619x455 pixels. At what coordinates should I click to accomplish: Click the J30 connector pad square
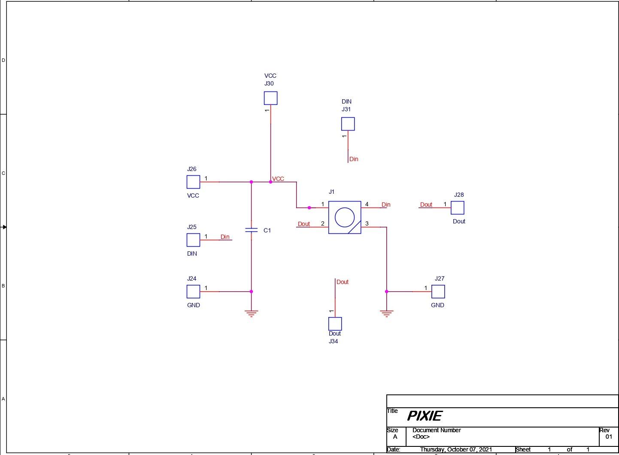pos(270,98)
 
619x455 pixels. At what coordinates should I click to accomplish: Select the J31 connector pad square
pos(348,124)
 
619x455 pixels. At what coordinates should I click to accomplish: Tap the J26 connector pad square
pos(194,182)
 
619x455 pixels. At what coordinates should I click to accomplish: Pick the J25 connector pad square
pos(194,240)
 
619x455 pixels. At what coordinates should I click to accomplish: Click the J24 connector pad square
pos(194,292)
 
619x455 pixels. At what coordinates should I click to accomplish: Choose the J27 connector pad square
pos(438,292)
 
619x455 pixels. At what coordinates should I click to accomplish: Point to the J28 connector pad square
pos(458,208)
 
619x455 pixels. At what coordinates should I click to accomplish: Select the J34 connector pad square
pos(335,324)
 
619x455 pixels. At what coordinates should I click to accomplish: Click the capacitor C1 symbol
pos(252,230)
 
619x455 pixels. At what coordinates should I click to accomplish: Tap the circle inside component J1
pos(345,217)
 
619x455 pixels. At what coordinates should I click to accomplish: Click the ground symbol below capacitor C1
pos(252,313)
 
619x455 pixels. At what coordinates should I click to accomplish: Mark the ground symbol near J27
pos(387,313)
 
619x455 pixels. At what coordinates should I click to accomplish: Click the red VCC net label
pos(278,179)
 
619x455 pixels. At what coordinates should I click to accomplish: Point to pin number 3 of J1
pos(367,223)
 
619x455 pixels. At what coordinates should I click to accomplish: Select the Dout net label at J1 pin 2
pos(303,224)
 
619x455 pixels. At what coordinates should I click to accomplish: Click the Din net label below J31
pos(354,159)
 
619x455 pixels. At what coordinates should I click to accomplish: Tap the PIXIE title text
pos(425,416)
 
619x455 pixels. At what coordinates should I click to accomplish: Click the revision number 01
pos(609,437)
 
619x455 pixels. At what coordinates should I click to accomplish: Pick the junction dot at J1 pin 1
pos(309,208)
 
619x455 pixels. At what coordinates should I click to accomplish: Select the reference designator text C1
pos(267,230)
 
